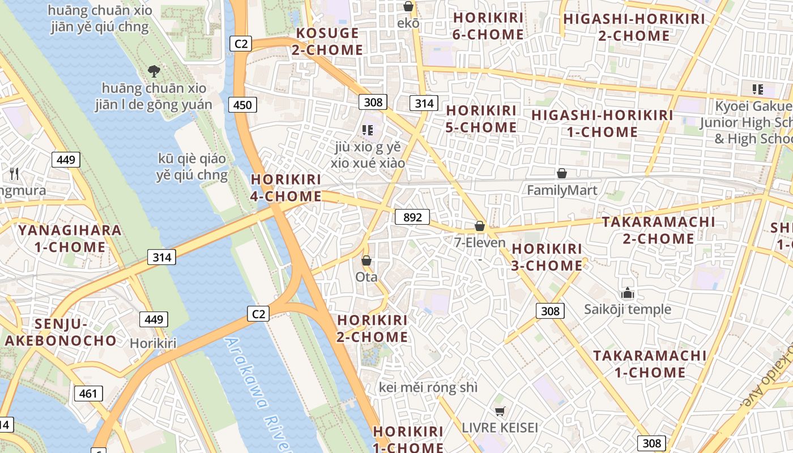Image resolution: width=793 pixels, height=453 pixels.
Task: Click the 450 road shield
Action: tap(242, 105)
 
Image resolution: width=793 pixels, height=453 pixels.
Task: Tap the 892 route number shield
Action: tap(412, 217)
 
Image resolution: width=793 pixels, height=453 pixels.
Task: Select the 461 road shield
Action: tap(88, 394)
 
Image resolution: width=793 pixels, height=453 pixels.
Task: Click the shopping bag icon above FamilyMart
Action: tap(562, 173)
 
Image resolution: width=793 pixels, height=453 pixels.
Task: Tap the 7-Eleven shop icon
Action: tap(480, 226)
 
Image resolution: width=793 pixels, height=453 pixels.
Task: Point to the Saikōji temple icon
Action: tap(627, 293)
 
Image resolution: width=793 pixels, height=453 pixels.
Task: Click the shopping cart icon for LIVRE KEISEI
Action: tap(499, 411)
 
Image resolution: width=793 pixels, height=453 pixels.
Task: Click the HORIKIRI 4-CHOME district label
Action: tap(286, 188)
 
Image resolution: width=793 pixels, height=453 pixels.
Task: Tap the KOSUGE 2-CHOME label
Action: tap(327, 41)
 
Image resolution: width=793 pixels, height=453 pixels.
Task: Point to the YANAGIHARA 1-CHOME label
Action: tap(70, 238)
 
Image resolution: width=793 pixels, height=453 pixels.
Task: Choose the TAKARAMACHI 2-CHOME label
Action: tap(658, 230)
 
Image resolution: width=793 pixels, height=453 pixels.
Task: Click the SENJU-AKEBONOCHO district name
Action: tap(61, 332)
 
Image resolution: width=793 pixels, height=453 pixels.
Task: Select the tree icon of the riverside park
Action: tap(154, 71)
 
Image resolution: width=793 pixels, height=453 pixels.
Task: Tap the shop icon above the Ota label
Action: tap(366, 260)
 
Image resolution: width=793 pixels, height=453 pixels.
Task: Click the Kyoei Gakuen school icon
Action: tap(757, 89)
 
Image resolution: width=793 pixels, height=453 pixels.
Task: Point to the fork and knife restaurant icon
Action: tap(15, 173)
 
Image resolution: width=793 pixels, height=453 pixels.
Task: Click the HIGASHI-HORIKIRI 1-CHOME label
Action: tap(602, 123)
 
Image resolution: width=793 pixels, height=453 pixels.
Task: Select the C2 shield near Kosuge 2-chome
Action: tap(241, 44)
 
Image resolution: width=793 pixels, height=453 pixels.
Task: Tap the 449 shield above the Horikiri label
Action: tap(154, 319)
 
